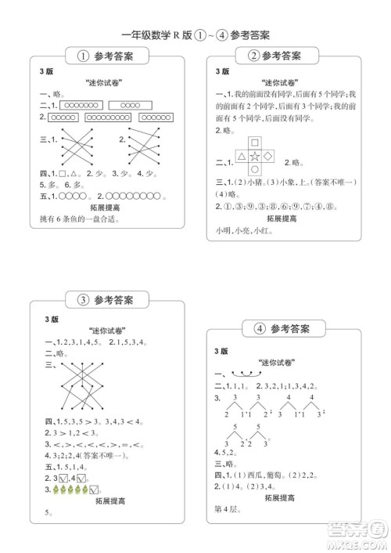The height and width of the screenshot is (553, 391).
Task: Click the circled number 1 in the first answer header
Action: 83,56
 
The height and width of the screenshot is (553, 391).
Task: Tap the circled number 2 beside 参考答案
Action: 253,56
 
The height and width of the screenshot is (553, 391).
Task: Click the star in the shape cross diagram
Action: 255,157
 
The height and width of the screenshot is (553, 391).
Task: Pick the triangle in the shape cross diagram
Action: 241,157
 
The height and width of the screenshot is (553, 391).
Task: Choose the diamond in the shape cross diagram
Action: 268,157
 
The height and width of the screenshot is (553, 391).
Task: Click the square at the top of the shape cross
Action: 255,143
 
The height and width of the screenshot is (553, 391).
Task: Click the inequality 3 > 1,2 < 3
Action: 71,432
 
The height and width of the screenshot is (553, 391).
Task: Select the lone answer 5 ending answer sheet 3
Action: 47,514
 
